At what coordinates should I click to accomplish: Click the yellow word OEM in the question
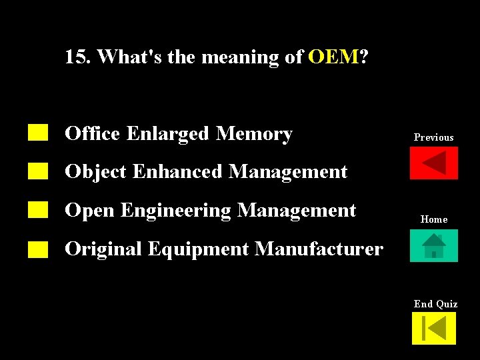[333, 57]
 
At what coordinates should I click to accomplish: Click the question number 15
[78, 57]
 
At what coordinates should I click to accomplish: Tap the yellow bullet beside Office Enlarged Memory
[38, 133]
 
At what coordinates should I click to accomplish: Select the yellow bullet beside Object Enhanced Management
[38, 171]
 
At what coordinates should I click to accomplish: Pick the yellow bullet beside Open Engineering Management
[38, 210]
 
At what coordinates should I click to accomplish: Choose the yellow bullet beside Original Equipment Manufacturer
[38, 249]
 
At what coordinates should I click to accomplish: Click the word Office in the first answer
[92, 134]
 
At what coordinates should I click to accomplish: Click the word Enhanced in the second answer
[177, 172]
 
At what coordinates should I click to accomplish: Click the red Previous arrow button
[434, 163]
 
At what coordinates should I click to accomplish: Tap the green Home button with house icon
[434, 245]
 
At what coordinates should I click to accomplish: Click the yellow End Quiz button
[434, 329]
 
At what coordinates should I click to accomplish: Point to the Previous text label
[434, 137]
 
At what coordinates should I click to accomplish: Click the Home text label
[434, 219]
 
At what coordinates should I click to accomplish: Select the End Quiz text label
[435, 304]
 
